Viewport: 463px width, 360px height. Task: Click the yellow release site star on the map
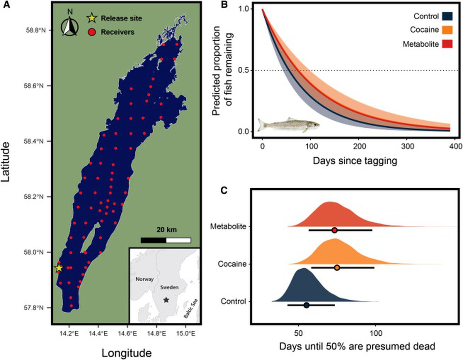coord(59,268)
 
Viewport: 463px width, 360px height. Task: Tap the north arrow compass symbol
coord(70,26)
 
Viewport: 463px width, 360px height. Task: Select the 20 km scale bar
coord(166,240)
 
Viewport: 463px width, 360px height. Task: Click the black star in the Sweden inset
coord(166,300)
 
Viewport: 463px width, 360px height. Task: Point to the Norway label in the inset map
coord(145,279)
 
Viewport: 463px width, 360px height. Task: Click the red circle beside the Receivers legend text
coord(92,32)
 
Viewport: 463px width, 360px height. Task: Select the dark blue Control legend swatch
coord(447,17)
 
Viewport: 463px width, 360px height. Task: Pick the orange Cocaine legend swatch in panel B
coord(447,30)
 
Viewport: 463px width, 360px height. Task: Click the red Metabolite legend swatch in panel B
coord(447,44)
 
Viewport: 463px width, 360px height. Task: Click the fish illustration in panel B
coord(289,125)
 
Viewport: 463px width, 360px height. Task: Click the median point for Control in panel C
coord(306,305)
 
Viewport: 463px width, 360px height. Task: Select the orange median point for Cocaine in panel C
coord(337,268)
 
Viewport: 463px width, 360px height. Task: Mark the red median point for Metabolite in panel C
coord(335,230)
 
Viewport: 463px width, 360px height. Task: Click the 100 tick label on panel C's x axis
coord(376,333)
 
